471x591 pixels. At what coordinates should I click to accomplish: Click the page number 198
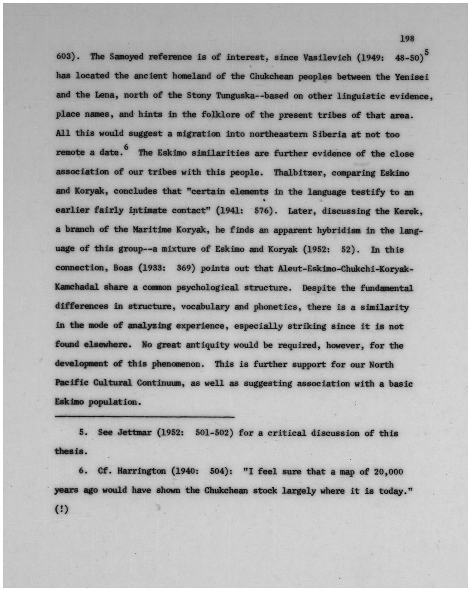(x=407, y=39)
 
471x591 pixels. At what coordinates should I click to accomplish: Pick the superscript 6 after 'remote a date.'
(x=125, y=147)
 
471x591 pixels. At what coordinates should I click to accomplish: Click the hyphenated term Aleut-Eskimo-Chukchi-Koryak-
(x=346, y=268)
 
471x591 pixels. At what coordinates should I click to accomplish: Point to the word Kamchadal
(x=77, y=287)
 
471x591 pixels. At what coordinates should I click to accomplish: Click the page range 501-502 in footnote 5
(x=214, y=433)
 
